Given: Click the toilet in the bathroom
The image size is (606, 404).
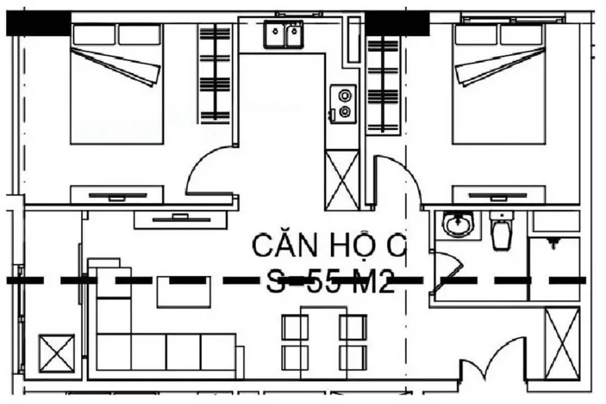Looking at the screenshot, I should (x=502, y=230).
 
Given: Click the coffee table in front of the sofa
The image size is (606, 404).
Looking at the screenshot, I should (x=184, y=291).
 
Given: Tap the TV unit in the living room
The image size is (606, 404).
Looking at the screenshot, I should (x=180, y=219).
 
